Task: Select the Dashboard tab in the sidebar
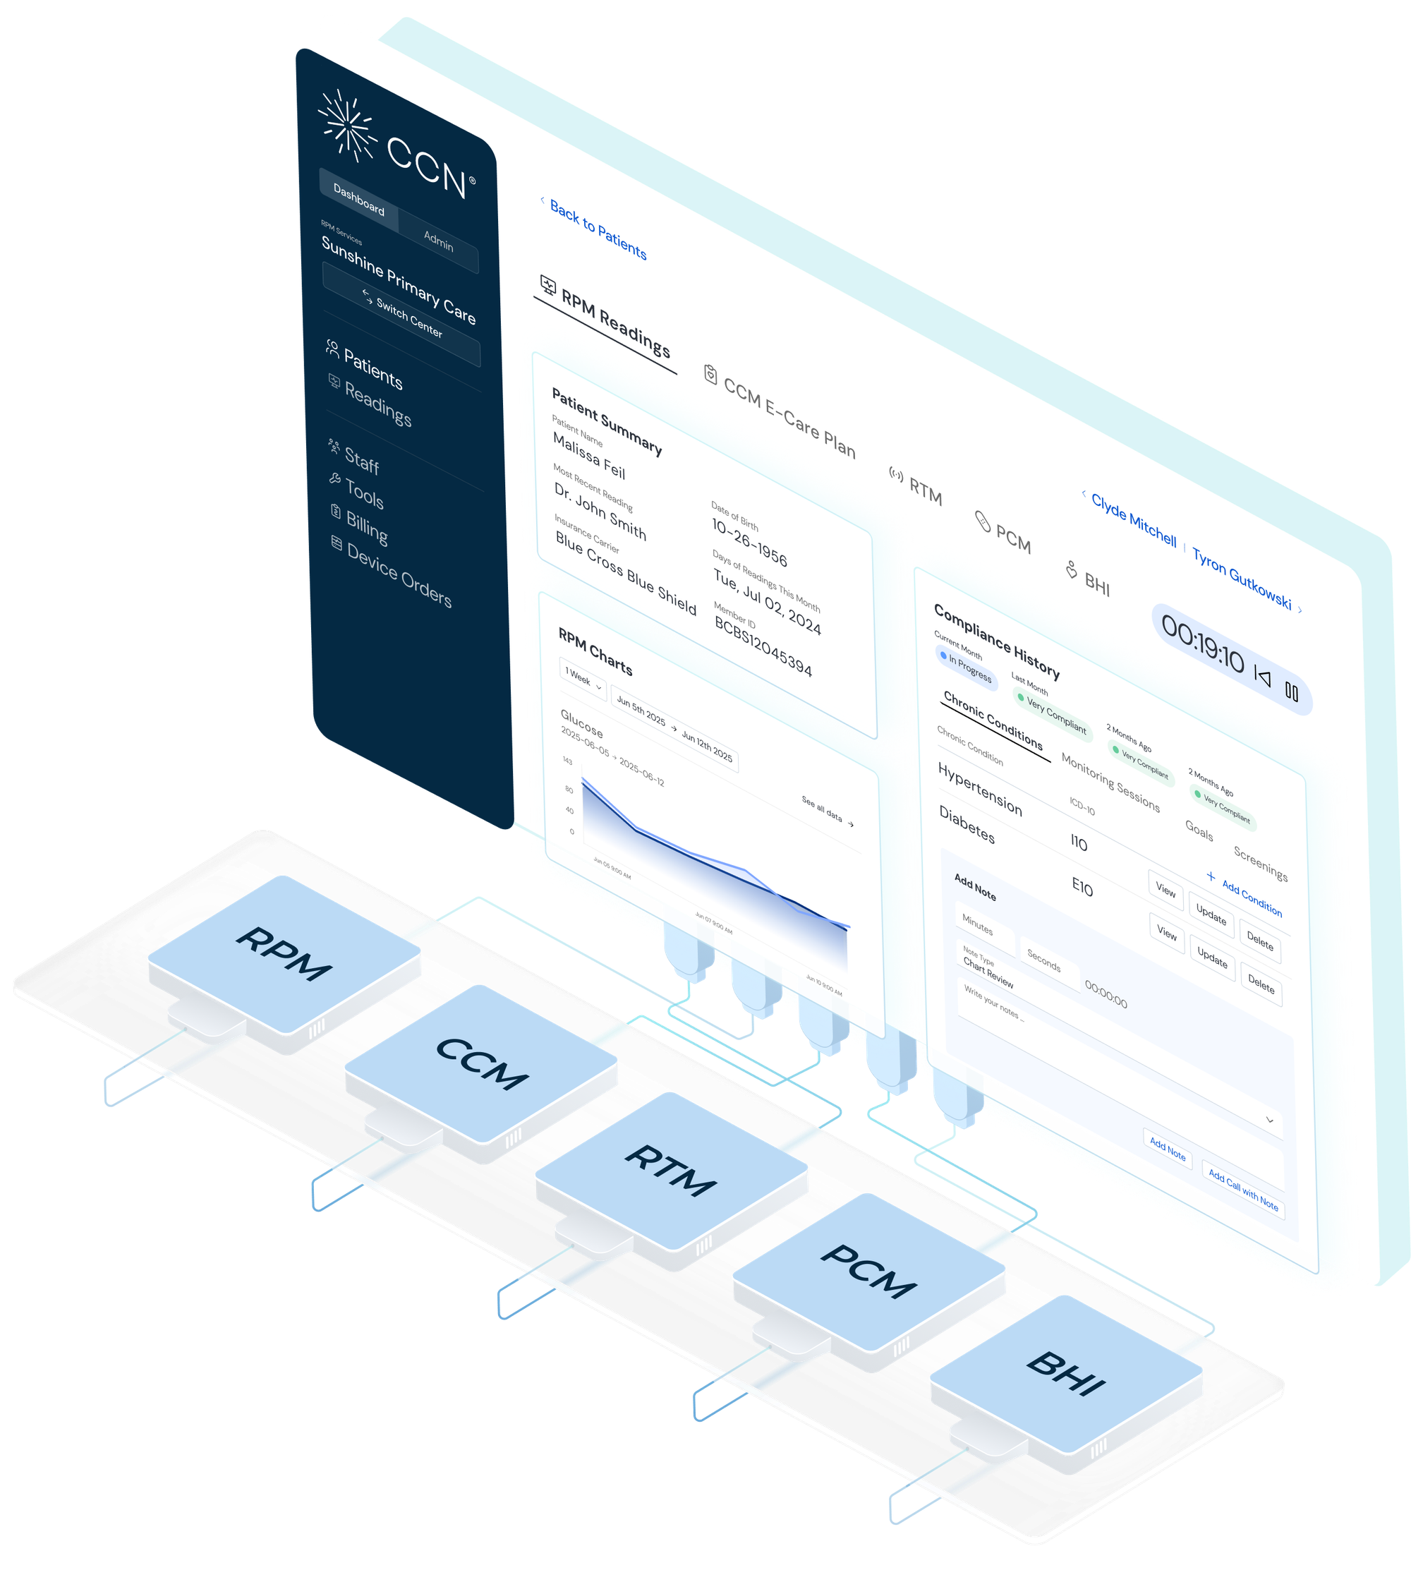pos(359,199)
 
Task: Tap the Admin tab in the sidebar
pos(438,241)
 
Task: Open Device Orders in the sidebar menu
pos(399,574)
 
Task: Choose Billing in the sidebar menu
pos(366,528)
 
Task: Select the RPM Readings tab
pos(614,322)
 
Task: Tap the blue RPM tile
pos(284,953)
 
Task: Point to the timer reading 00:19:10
pos(1202,649)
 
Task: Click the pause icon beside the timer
pos(1292,692)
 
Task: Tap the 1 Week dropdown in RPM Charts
pos(582,680)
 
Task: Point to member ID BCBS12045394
pos(763,646)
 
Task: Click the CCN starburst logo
pos(348,125)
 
